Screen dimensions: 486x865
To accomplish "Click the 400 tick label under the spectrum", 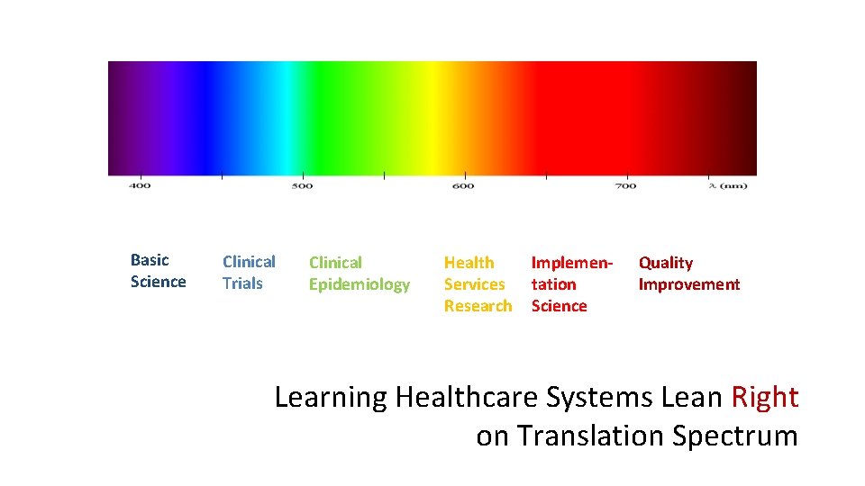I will [x=140, y=186].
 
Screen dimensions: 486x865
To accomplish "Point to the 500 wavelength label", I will [x=302, y=186].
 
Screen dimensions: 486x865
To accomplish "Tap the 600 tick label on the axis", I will [x=463, y=186].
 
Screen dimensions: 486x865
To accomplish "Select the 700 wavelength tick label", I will [x=625, y=186].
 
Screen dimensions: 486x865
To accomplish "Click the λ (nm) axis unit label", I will [x=728, y=186].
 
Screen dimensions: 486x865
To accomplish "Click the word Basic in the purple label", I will [x=150, y=260].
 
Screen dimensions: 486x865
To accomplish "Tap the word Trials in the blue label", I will [x=242, y=283].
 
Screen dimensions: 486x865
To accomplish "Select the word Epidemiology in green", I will [x=360, y=284].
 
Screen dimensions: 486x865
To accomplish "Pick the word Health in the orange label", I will [x=469, y=263].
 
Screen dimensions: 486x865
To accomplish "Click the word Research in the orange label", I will [x=478, y=306].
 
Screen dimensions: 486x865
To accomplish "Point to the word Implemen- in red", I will [x=572, y=263].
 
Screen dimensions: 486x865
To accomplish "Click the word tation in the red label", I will [x=553, y=284].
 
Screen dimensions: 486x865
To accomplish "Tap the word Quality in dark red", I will [x=666, y=263].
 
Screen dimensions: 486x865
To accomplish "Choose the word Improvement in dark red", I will [x=689, y=284].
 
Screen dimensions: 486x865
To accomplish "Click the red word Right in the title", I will [x=765, y=397].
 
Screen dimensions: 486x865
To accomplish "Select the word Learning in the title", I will [x=331, y=397].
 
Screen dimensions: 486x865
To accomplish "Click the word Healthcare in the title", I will [x=463, y=397].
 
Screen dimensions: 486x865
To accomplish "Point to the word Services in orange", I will [x=474, y=284].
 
